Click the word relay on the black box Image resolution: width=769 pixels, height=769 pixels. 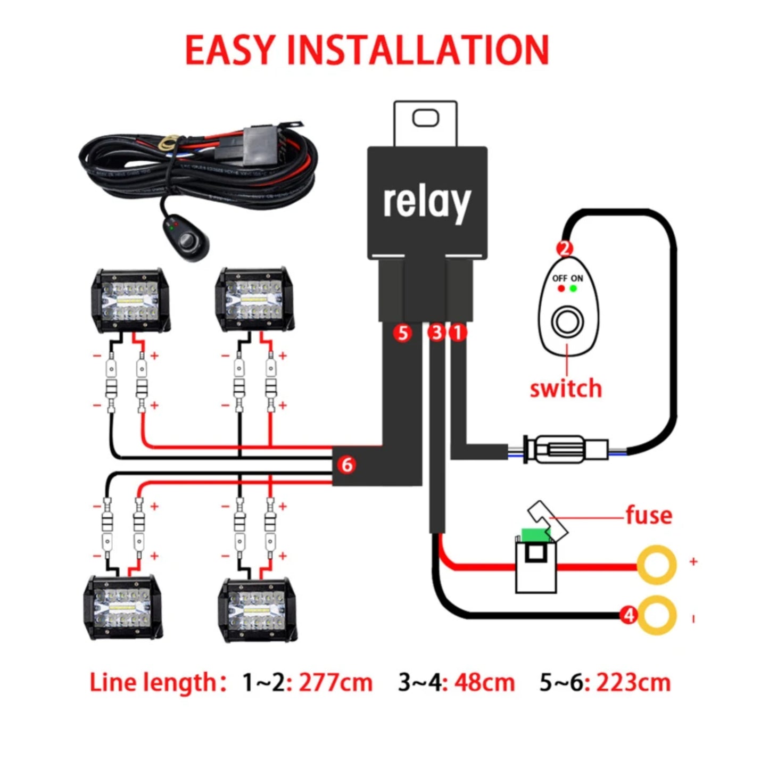[427, 202]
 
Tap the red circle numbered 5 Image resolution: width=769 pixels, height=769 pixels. [403, 333]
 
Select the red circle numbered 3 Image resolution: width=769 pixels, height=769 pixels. [436, 333]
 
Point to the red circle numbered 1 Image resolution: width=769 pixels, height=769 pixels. [457, 333]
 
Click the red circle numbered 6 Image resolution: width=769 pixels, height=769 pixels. [347, 465]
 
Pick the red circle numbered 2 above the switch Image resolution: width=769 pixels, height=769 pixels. [565, 248]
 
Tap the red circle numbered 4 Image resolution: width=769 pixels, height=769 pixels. [629, 615]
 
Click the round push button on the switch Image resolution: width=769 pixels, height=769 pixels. [567, 322]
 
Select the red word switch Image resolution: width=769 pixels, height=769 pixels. [566, 389]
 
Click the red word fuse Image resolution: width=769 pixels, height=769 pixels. [649, 515]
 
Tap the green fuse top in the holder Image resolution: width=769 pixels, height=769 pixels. [534, 535]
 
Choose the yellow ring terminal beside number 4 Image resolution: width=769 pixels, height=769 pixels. [658, 615]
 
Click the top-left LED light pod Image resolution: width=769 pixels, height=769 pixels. [131, 300]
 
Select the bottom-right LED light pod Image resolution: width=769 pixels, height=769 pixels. [258, 609]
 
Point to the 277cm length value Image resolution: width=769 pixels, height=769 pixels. [335, 683]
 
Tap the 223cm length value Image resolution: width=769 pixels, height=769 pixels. [633, 683]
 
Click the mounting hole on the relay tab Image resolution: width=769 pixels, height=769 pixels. [426, 118]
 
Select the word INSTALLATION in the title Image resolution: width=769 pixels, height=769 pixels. [418, 51]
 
